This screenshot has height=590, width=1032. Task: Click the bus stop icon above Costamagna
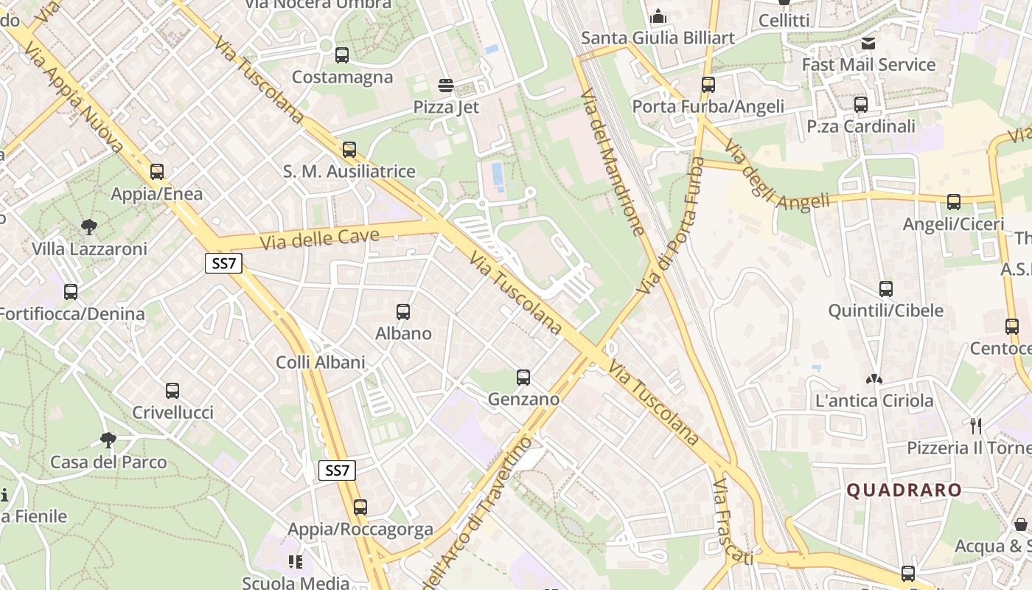click(x=342, y=55)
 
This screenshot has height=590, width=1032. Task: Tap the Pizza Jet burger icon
click(x=445, y=86)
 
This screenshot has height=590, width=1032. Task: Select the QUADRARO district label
click(x=904, y=490)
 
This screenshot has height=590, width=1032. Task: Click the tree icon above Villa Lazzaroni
click(x=89, y=226)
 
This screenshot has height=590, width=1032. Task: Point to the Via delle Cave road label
click(x=320, y=239)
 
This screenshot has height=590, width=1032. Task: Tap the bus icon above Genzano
click(x=523, y=378)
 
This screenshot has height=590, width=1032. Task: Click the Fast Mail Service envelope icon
click(x=868, y=44)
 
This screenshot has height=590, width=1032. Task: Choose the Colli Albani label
click(x=320, y=362)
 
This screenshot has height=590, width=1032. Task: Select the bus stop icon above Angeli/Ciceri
click(x=954, y=201)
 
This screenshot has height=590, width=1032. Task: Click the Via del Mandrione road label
click(x=613, y=163)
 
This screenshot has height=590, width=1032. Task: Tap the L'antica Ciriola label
click(x=874, y=401)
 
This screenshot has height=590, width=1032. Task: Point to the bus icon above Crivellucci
click(x=172, y=391)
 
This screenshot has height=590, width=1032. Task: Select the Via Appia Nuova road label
click(x=74, y=96)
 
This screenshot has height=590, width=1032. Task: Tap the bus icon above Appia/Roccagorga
click(x=360, y=507)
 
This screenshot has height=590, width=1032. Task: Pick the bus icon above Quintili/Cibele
click(x=886, y=289)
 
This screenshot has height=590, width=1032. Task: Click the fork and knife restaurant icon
click(x=977, y=426)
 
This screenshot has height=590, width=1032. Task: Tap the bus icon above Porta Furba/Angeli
click(x=708, y=85)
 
